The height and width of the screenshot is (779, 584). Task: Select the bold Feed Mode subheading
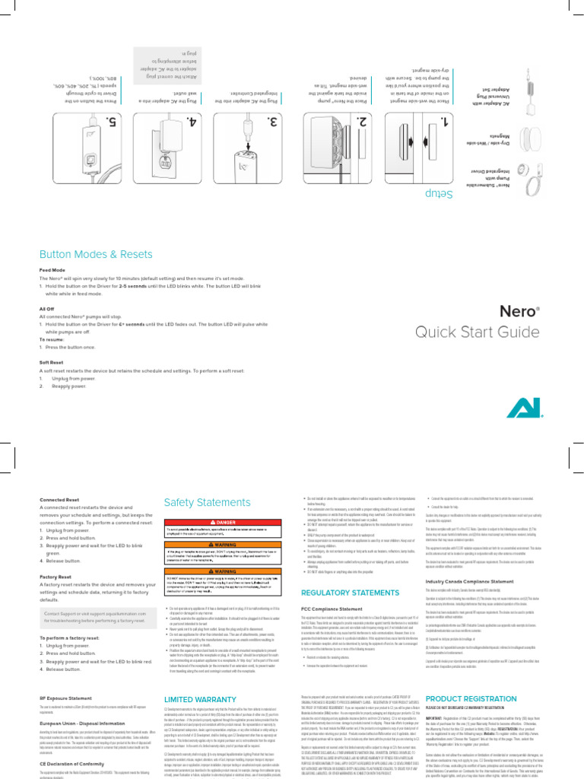[52, 270]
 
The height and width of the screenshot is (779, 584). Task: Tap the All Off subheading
[47, 309]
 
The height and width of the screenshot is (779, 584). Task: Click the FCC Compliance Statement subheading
[333, 609]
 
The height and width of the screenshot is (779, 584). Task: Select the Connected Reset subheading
[60, 500]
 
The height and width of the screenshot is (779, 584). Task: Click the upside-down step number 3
[274, 122]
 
